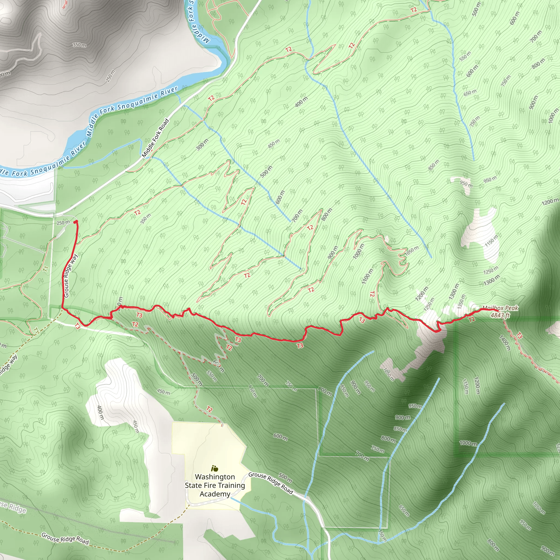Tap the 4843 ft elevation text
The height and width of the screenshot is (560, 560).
click(500, 315)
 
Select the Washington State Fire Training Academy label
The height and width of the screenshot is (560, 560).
click(215, 485)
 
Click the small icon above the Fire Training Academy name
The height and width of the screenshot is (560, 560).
click(214, 468)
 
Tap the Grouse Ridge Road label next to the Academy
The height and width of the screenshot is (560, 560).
click(271, 483)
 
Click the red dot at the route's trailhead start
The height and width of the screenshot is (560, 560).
click(76, 222)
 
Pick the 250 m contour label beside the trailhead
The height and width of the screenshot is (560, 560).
click(63, 223)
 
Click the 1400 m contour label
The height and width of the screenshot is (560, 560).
click(505, 342)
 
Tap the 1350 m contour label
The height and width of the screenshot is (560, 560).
click(461, 301)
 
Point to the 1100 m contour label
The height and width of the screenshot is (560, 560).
click(367, 276)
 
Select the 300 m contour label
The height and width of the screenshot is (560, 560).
click(202, 144)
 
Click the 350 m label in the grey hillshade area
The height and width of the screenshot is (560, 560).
click(79, 45)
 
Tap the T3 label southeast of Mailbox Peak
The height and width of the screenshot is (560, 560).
click(519, 336)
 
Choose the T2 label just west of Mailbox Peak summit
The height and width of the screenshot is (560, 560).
click(472, 319)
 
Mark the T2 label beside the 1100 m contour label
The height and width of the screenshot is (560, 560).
click(372, 294)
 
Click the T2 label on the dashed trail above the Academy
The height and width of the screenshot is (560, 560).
click(209, 409)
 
